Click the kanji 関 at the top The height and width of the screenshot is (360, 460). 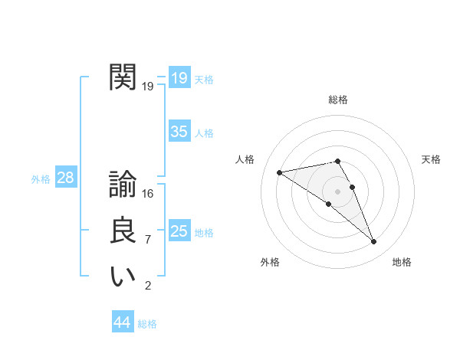(123, 77)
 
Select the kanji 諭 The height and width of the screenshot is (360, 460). (123, 185)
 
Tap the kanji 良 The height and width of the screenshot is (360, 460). (123, 231)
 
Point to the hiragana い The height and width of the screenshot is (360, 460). (123, 277)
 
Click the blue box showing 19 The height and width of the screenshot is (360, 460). (179, 78)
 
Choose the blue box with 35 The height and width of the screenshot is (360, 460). (179, 132)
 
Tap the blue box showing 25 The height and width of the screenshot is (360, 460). (179, 231)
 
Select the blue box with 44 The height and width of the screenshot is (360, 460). (122, 322)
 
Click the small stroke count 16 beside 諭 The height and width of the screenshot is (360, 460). (148, 194)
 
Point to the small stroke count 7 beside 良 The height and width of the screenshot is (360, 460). (148, 240)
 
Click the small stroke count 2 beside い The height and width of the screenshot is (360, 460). (148, 286)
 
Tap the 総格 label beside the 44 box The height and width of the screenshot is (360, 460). (147, 324)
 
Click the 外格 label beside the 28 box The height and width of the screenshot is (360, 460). (41, 179)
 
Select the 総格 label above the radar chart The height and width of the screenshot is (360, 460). (338, 100)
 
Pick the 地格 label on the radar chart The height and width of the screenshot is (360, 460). (402, 262)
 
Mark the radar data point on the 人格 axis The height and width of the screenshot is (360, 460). (279, 172)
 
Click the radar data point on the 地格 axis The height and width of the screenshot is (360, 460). (374, 242)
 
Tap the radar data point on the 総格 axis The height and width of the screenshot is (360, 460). (338, 161)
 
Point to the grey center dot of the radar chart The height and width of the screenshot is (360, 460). (338, 191)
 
